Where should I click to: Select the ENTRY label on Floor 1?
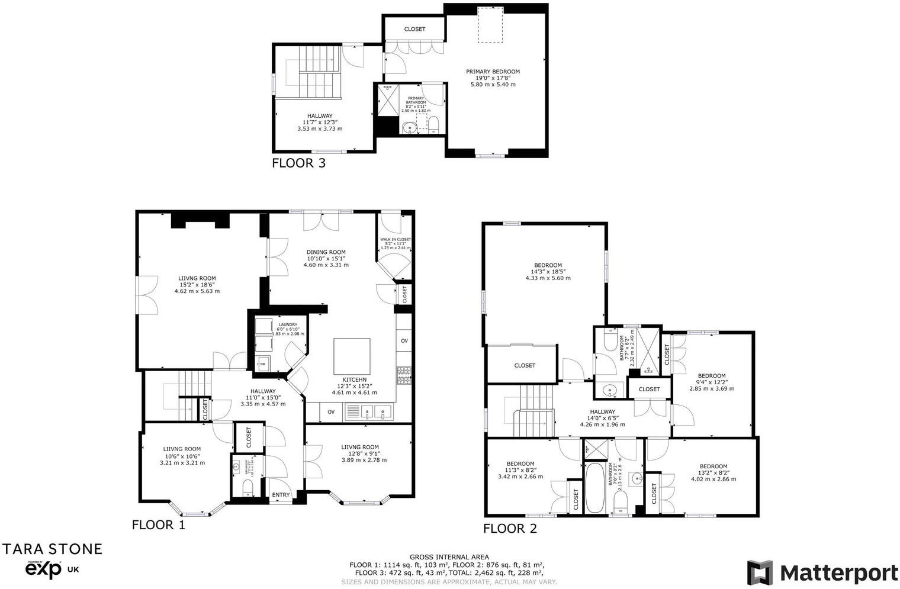click(x=281, y=495)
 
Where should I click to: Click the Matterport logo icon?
click(x=760, y=572)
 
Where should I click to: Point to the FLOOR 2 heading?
click(x=510, y=529)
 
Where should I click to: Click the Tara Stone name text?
click(x=53, y=549)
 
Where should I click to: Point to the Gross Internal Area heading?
click(x=449, y=557)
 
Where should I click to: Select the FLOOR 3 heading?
click(x=298, y=163)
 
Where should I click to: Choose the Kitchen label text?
click(x=354, y=379)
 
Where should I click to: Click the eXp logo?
click(x=43, y=569)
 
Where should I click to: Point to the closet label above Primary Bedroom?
click(x=414, y=29)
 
